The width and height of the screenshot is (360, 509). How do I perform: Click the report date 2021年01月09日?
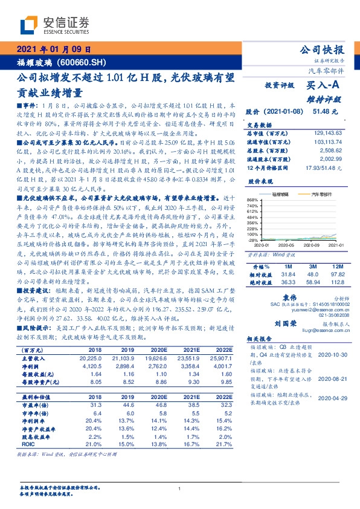[x=53, y=50]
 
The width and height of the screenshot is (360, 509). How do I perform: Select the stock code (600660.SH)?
[x=82, y=63]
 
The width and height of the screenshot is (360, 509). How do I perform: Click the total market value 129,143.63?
[x=324, y=132]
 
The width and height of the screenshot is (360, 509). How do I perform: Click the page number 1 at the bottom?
[x=180, y=489]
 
